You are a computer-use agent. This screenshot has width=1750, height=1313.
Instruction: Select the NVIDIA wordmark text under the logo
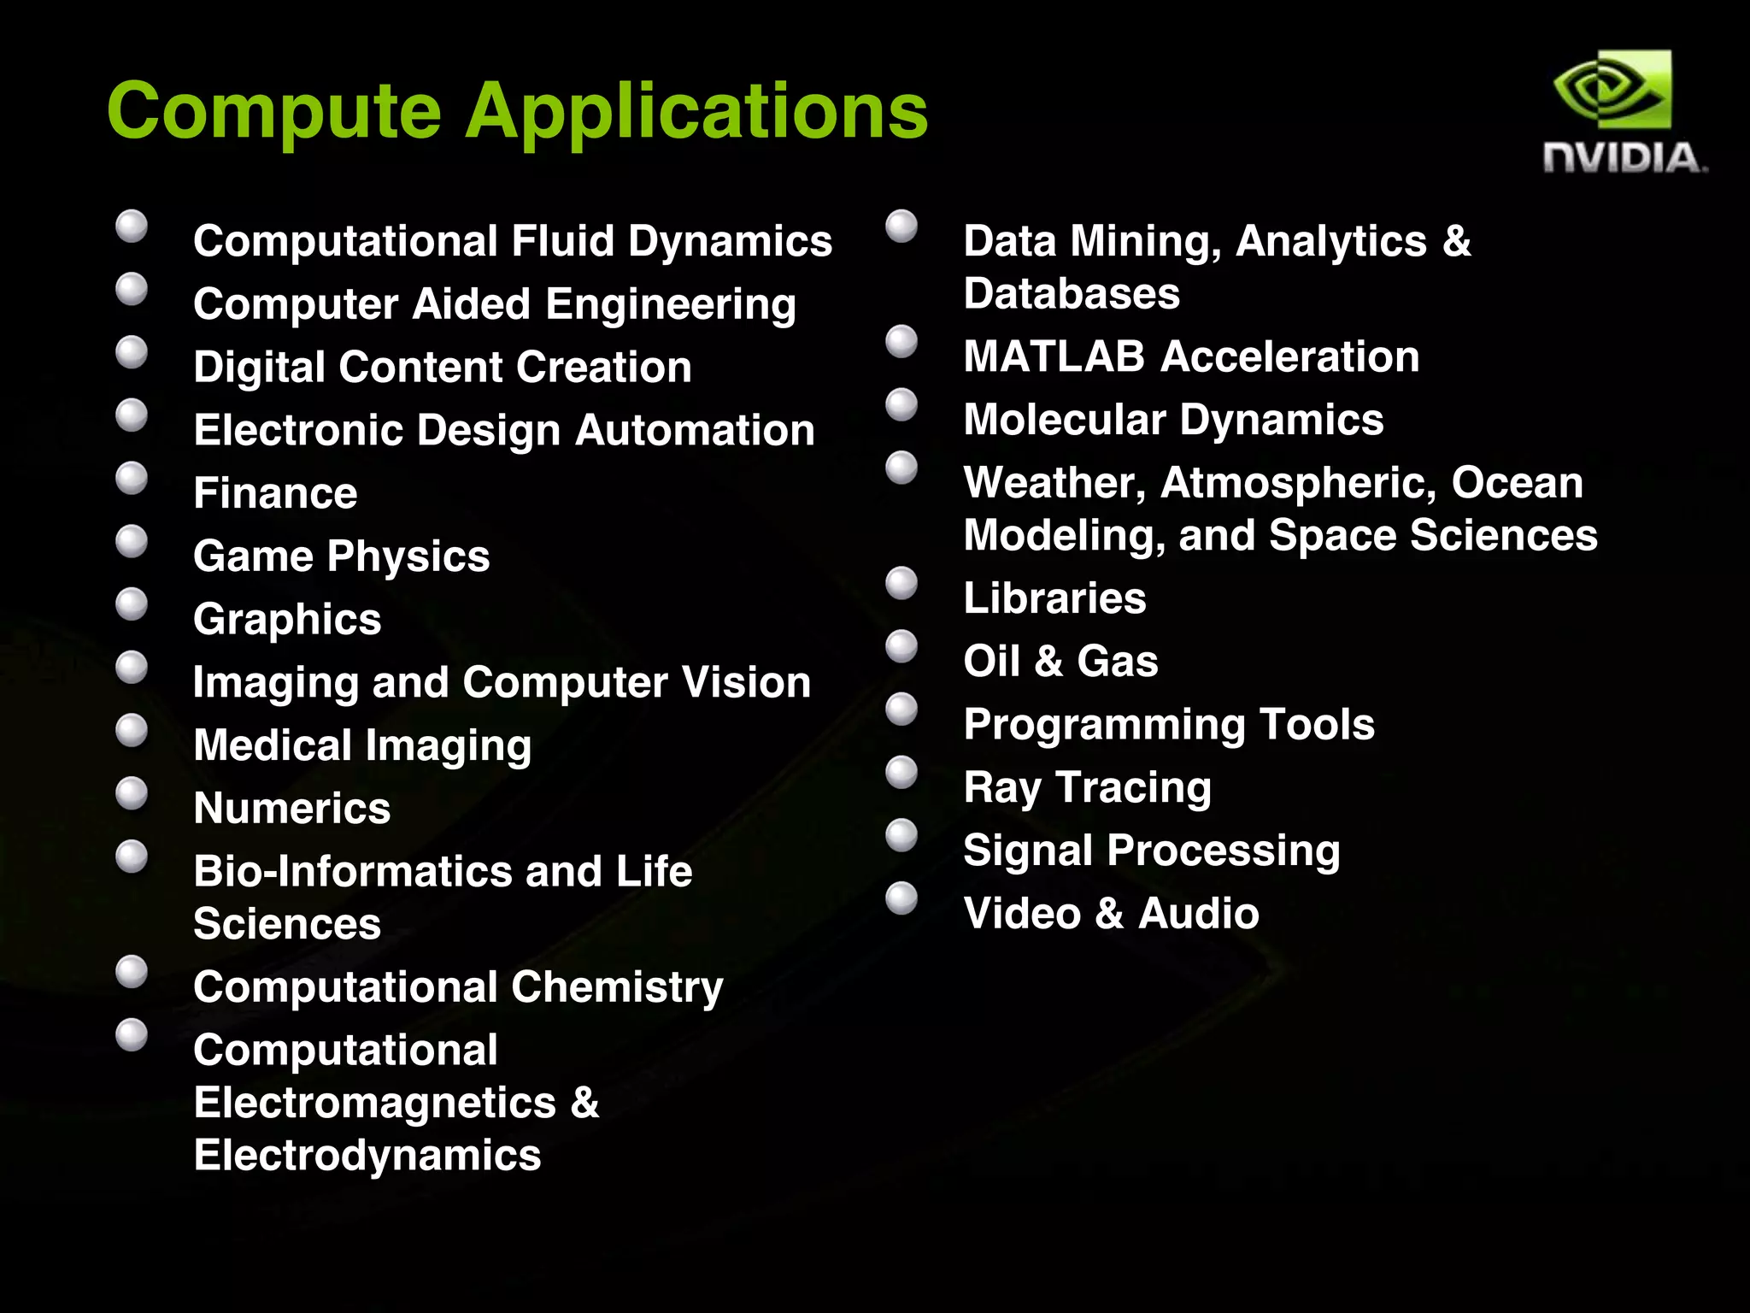[1624, 159]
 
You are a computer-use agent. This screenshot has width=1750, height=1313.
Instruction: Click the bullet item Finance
[275, 493]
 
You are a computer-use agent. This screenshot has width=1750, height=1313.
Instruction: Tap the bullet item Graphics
[287, 619]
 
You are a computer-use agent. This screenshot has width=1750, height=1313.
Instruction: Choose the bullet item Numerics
[292, 808]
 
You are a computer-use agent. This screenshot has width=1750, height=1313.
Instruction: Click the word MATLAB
[1054, 356]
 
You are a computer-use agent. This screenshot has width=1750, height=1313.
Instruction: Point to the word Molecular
[1064, 420]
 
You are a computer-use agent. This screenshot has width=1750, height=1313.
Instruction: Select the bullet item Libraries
[1054, 598]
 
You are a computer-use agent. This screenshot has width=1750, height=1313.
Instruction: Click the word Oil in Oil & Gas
[991, 661]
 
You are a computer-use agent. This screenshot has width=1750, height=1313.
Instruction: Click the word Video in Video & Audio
[1021, 913]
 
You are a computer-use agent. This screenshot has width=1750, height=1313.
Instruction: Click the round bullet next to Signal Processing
[901, 835]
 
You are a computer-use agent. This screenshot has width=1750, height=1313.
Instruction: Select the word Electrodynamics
[367, 1155]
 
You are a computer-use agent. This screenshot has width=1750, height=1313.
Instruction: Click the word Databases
[1072, 294]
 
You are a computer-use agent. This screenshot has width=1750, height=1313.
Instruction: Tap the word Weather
[1054, 483]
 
